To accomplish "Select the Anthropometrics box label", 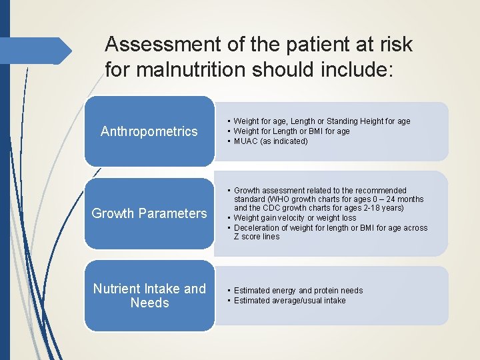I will pos(149,131).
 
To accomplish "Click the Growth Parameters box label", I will pos(149,213).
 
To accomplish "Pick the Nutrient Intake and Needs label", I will pos(149,296).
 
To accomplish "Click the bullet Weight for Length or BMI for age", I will pos(291,131).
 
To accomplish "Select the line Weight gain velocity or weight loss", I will pos(295,218).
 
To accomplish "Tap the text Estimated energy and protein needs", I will pos(298,291).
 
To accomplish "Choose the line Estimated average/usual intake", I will pos(289,301).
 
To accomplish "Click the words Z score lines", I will pos(257,237).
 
